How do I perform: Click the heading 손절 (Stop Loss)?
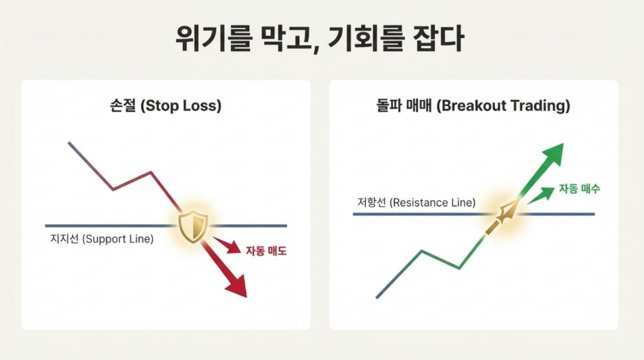166,106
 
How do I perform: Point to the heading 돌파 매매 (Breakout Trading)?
473,106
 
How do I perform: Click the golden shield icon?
194,226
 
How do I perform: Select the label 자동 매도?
265,252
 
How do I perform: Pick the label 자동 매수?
579,189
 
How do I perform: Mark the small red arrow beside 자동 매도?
230,247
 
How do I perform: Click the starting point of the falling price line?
69,142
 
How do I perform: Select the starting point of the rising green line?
377,297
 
